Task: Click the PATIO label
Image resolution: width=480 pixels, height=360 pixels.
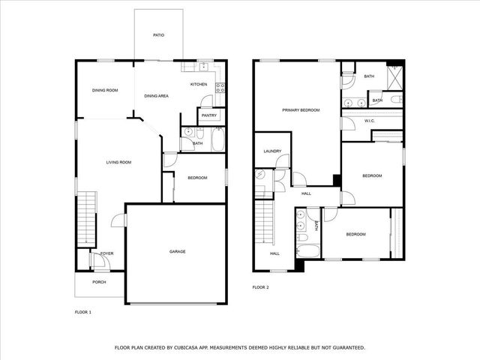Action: click(x=158, y=35)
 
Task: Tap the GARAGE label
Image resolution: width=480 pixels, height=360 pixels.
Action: click(x=177, y=251)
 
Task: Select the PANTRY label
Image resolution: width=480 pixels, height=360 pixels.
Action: click(x=209, y=115)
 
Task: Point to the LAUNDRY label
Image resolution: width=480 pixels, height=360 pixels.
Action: click(x=271, y=151)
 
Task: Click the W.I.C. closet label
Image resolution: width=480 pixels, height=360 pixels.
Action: click(x=369, y=121)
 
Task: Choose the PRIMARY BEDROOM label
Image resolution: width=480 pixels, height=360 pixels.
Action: click(x=301, y=110)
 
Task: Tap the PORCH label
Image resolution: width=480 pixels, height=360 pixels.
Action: click(x=99, y=282)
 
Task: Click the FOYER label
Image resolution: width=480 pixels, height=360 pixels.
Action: click(x=107, y=253)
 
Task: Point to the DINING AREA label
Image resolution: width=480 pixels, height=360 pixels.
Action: click(x=156, y=96)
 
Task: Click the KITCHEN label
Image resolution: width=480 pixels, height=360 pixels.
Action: click(x=199, y=84)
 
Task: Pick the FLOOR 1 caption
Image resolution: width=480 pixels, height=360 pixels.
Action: click(x=82, y=311)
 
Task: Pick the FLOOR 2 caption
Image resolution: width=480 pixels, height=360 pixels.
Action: click(x=260, y=287)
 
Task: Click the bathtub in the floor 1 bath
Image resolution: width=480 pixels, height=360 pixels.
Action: click(x=217, y=140)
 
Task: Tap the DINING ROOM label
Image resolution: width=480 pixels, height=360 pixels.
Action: click(x=105, y=91)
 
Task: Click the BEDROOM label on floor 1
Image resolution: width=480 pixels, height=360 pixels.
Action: click(x=197, y=178)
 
